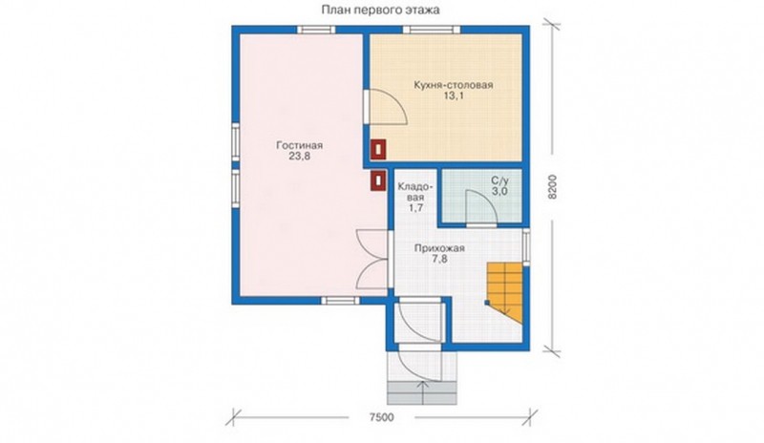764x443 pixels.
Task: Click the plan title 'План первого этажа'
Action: pos(380,10)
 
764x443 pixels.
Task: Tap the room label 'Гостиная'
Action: pos(299,145)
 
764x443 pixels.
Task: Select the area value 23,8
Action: pos(301,157)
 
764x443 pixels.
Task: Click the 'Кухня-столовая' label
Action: pos(453,85)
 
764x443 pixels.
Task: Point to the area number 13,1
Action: pos(453,96)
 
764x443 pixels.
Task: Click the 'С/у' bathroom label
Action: pos(499,180)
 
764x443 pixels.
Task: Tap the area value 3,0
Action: pos(499,192)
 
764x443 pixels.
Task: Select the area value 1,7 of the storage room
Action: pos(415,208)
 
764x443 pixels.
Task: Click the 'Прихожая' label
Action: pos(439,248)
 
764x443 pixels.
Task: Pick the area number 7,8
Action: pos(439,260)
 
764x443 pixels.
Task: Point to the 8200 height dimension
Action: pos(552,187)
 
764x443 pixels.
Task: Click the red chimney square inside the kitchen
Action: pos(378,149)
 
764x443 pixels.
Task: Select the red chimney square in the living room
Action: pos(378,179)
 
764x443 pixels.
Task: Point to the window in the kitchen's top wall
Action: pos(432,31)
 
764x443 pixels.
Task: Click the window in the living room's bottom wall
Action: pos(341,300)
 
